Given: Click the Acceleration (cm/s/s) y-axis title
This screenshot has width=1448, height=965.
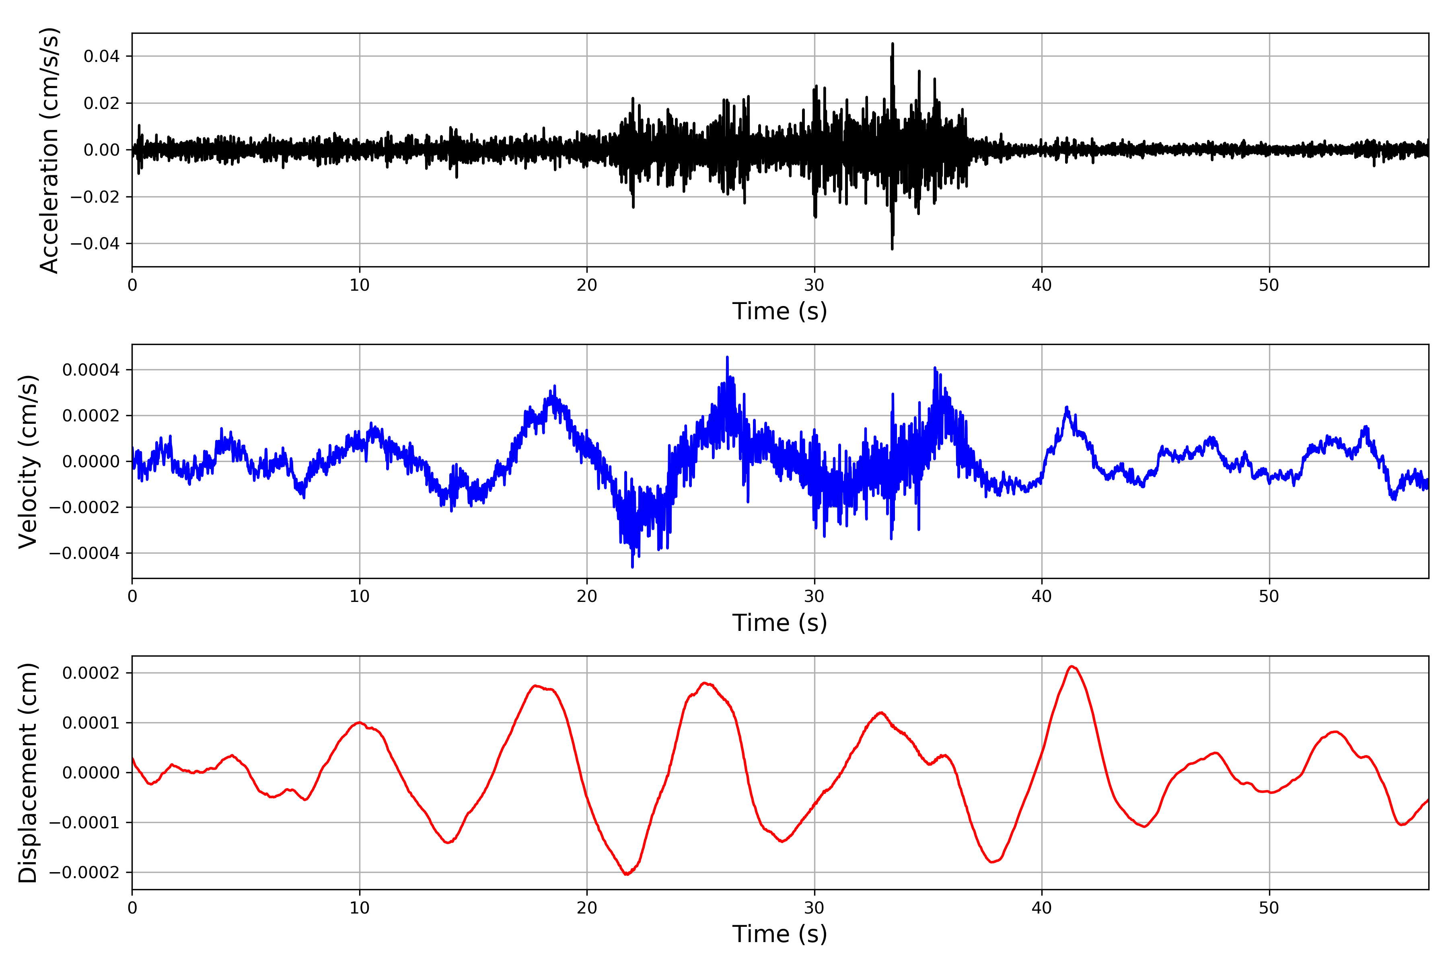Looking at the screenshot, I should click(x=49, y=150).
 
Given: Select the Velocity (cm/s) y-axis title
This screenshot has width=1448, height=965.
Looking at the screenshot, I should click(x=28, y=462).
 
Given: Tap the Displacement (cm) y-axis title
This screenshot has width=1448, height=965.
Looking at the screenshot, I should click(x=28, y=773).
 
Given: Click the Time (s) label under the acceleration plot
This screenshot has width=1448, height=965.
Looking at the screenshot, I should click(x=780, y=311).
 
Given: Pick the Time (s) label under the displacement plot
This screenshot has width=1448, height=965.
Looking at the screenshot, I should click(x=780, y=934).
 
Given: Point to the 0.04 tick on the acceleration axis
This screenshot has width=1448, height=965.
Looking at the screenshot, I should click(x=102, y=57).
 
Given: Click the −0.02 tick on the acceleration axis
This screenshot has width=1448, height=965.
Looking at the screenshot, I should click(x=95, y=197).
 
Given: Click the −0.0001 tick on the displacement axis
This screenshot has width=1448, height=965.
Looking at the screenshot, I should click(x=84, y=823).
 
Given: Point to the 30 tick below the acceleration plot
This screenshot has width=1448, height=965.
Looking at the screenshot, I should click(x=814, y=285).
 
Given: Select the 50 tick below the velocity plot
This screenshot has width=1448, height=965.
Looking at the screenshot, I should click(x=1269, y=596).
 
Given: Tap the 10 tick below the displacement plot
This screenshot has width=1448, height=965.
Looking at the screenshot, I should click(x=360, y=908).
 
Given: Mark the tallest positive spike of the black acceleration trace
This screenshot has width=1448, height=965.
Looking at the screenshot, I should click(x=893, y=44).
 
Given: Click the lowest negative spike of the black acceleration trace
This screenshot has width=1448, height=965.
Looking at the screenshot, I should click(x=892, y=248).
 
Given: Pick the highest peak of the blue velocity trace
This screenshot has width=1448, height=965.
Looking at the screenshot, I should click(x=727, y=357).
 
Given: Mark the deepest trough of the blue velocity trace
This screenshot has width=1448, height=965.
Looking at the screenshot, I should click(x=632, y=567).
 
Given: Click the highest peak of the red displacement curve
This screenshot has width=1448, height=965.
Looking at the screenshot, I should click(x=1072, y=667).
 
